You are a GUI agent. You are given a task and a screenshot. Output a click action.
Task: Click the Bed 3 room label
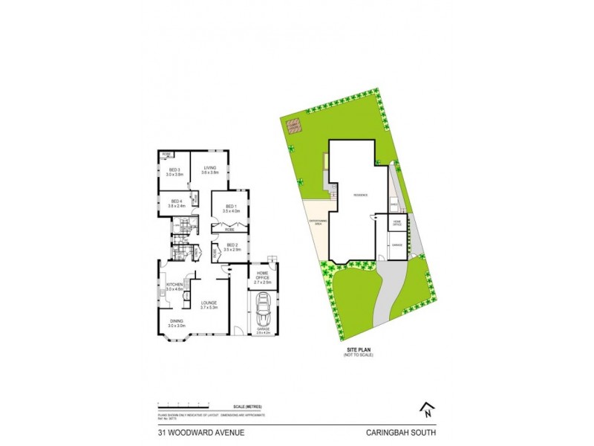(x=175, y=170)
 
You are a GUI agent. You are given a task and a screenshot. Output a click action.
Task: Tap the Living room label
(x=209, y=170)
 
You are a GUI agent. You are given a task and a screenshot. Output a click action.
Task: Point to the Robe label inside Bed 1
(x=229, y=230)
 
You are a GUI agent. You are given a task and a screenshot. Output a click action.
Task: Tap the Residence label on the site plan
(x=361, y=195)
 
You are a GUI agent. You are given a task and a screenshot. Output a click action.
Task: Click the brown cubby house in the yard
(x=296, y=126)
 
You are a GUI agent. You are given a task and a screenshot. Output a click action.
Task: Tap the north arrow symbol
(x=427, y=408)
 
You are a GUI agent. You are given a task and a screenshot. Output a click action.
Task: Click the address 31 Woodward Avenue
(x=195, y=431)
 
